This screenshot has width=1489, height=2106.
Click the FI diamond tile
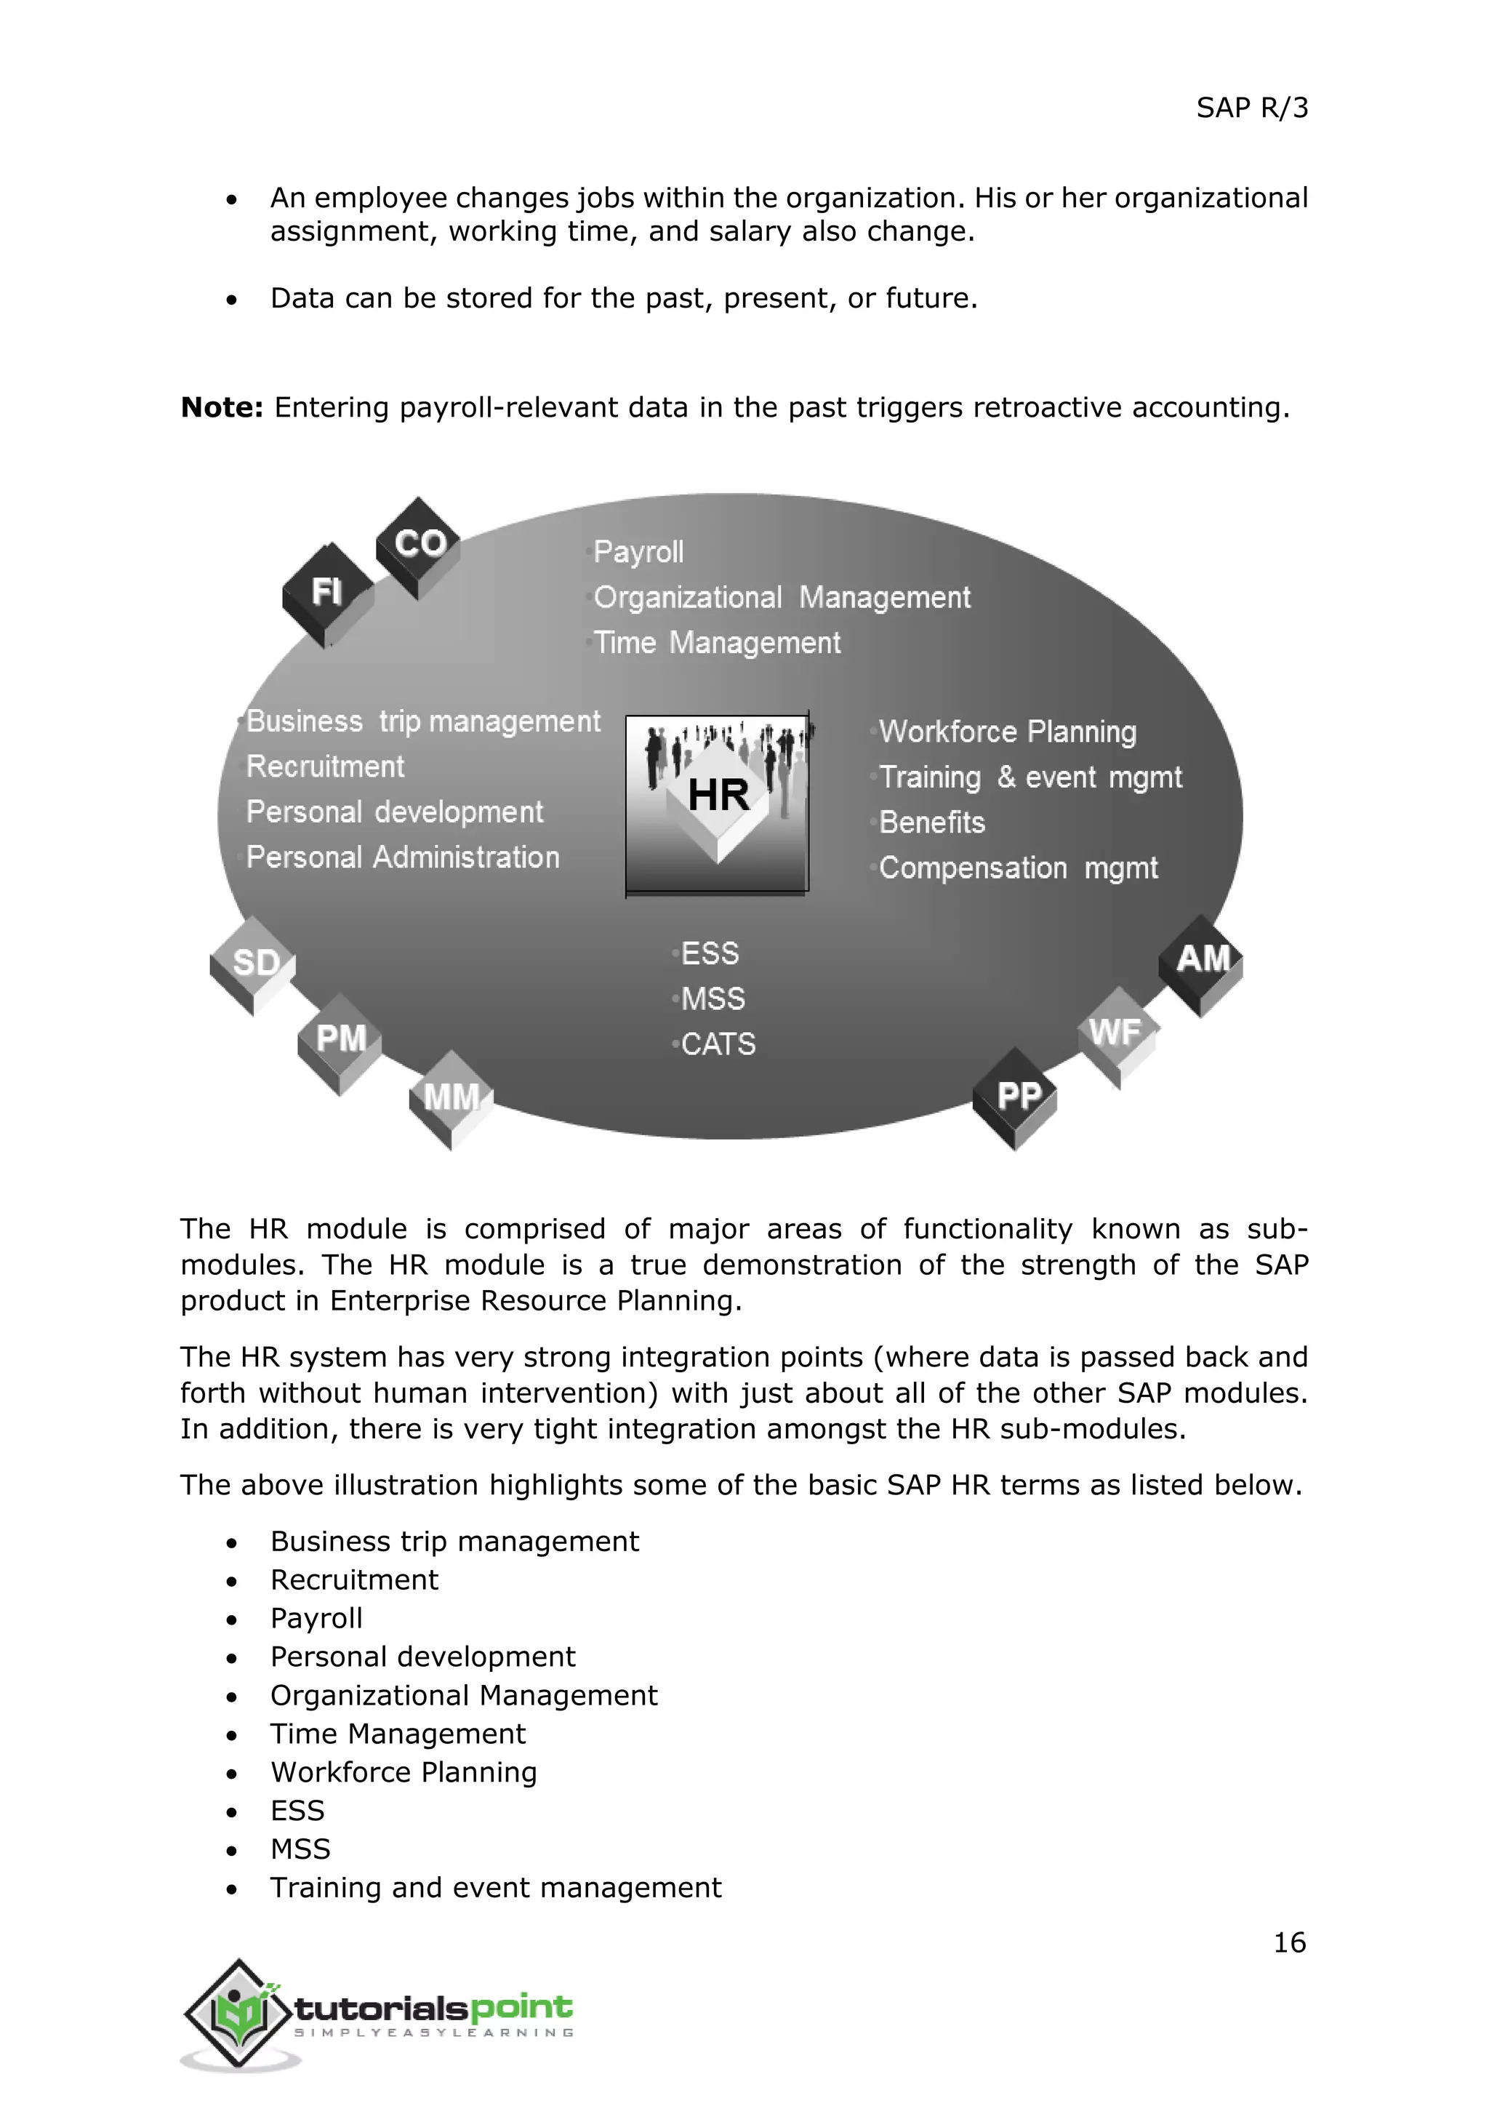tap(327, 593)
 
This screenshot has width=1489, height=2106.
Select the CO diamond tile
tap(419, 545)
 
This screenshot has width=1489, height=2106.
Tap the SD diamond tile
tap(254, 963)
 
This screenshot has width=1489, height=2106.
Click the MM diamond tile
tap(451, 1097)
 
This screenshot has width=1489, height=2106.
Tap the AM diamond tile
tap(1202, 961)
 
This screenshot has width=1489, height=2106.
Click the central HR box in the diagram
tap(717, 804)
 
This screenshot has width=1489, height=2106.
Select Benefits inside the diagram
tap(931, 822)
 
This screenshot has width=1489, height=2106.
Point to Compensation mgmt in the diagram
tap(1018, 868)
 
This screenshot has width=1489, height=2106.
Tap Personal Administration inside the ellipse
tap(403, 857)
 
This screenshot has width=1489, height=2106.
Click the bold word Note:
tap(222, 407)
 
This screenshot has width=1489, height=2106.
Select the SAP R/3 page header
tap(1251, 108)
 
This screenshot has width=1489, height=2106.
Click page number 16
tap(1289, 1942)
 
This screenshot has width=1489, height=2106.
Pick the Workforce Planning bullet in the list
tap(404, 1772)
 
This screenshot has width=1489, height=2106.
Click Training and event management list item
tap(495, 1888)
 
